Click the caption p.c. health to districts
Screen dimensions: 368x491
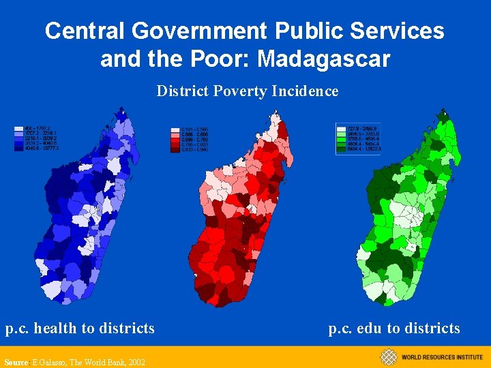80,328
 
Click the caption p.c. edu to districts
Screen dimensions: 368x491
394,328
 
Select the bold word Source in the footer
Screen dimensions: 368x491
16,363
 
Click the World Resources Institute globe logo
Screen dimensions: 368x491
388,357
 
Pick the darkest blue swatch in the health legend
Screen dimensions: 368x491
18,148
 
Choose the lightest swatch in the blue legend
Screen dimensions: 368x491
18,127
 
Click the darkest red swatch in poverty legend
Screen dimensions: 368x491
175,150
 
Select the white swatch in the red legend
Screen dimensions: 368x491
175,129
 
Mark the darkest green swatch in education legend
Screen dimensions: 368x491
341,149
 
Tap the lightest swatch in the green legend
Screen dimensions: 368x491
341,128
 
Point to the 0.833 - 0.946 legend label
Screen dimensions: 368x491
195,150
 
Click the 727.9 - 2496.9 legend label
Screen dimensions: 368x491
363,128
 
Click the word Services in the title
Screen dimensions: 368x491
395,31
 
